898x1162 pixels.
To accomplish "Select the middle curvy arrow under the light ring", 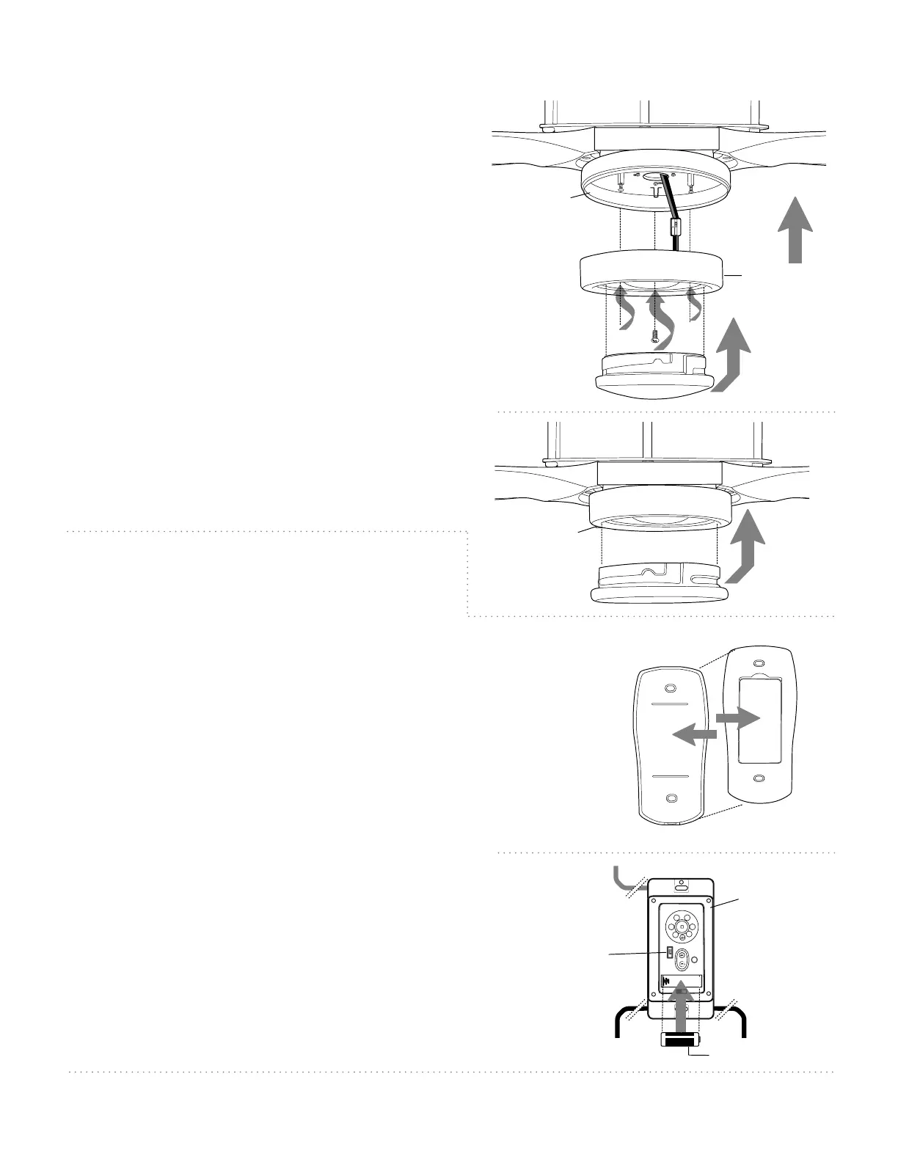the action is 660,319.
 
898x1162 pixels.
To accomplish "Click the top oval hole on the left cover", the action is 669,689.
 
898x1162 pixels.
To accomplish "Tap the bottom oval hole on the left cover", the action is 669,798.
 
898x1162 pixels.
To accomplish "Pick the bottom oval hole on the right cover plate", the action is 759,778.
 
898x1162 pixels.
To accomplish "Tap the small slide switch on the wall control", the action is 669,952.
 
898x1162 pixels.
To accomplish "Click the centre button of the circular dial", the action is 682,927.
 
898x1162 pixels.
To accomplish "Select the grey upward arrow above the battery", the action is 682,1005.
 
